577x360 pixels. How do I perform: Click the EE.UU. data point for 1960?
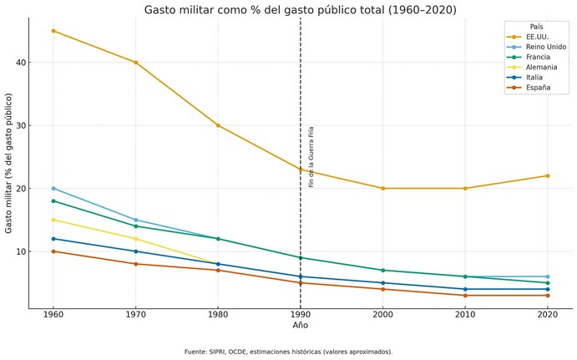(x=53, y=31)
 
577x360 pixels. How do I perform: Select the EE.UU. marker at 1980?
(x=218, y=125)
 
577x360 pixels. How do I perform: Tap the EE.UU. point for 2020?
(x=548, y=175)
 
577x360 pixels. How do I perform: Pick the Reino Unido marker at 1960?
(x=53, y=188)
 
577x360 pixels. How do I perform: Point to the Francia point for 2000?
(x=382, y=270)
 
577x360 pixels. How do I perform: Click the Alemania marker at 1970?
(x=136, y=239)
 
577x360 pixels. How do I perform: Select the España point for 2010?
(x=465, y=295)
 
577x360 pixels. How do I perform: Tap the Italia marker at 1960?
(x=53, y=239)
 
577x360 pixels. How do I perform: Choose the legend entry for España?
(x=534, y=87)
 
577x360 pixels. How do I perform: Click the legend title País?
(x=536, y=27)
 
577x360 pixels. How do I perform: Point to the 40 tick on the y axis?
(x=20, y=63)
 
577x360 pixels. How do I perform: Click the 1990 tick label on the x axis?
(x=301, y=314)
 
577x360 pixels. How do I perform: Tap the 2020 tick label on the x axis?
(x=548, y=314)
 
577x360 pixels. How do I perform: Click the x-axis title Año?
(x=301, y=326)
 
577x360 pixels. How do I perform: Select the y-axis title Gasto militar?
(x=9, y=163)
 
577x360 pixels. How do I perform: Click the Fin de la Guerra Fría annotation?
(x=311, y=156)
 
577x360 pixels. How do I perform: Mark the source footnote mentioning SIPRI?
(x=288, y=352)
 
